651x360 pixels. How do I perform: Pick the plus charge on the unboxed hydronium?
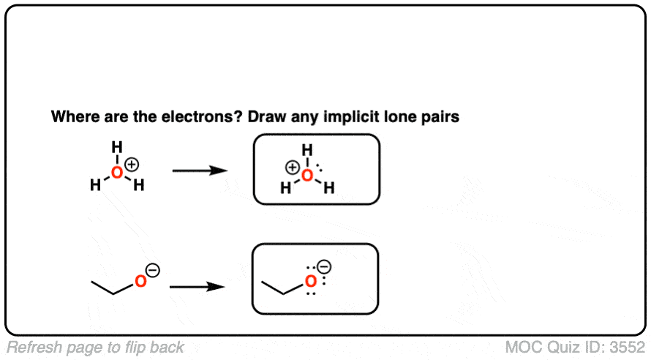[x=133, y=164]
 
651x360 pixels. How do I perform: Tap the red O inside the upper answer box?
[x=308, y=176]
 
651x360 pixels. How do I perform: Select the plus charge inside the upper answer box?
[x=292, y=168]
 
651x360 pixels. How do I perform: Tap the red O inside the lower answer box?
[x=311, y=280]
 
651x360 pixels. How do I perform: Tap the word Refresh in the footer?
[x=32, y=347]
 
